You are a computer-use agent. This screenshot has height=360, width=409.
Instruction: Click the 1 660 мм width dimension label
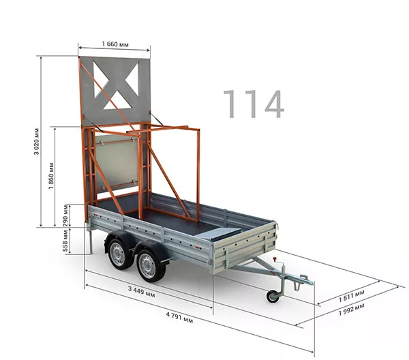click(x=115, y=44)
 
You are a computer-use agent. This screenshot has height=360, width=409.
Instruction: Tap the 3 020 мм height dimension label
click(x=37, y=141)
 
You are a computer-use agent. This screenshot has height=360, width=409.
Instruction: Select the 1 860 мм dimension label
click(x=51, y=176)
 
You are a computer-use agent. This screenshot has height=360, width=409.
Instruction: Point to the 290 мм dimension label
click(x=65, y=215)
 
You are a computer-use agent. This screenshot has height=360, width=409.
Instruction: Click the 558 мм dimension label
click(x=65, y=241)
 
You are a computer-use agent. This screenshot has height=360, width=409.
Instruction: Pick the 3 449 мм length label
click(x=141, y=292)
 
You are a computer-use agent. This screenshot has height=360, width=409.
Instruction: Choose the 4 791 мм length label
click(x=179, y=318)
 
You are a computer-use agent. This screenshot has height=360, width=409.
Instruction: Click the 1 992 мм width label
click(x=351, y=310)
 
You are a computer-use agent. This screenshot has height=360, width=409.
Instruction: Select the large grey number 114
click(x=254, y=104)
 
